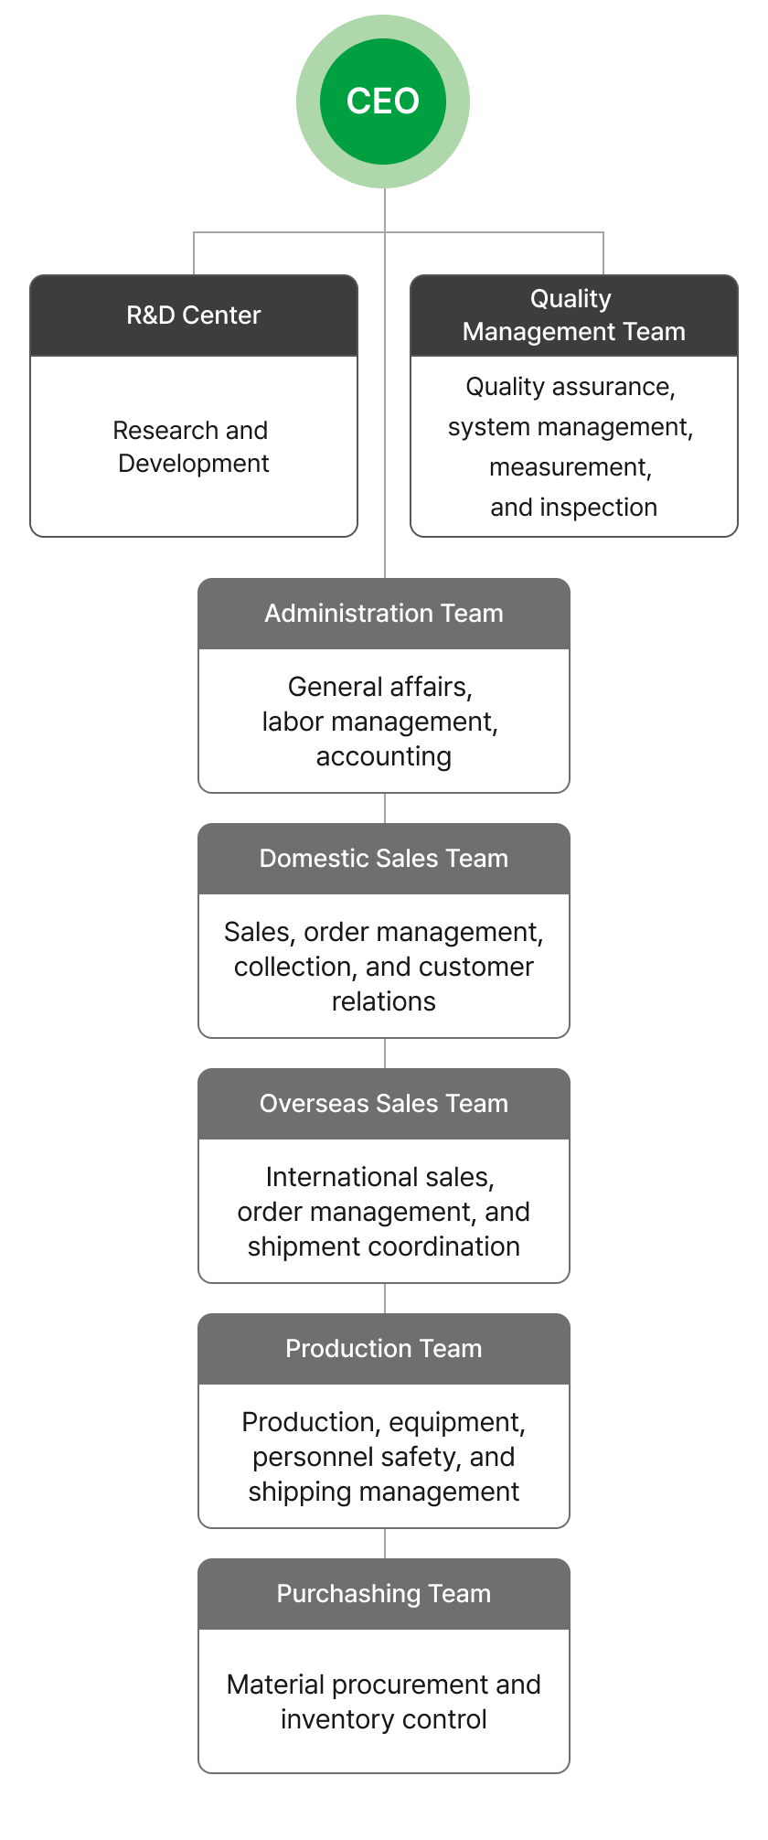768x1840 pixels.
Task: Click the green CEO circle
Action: (383, 102)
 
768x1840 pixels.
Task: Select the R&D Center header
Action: (194, 316)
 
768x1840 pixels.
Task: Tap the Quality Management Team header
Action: (574, 316)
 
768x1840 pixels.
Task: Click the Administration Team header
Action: (384, 614)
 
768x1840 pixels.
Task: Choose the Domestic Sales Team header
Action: (384, 859)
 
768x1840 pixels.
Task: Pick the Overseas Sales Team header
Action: (384, 1104)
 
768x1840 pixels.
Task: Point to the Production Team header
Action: (384, 1349)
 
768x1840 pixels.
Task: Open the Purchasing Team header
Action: (384, 1594)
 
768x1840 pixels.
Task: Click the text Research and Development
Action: (192, 446)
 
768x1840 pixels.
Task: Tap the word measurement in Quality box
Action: (570, 467)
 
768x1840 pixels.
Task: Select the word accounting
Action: (384, 757)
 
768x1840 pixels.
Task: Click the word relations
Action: (384, 1001)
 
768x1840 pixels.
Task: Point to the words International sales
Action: (380, 1177)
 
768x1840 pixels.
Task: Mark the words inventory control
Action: (384, 1719)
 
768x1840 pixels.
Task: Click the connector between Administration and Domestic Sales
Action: (385, 808)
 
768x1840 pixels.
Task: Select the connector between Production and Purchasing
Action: (385, 1544)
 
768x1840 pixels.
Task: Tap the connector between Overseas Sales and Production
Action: (385, 1299)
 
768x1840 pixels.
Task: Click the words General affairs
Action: (380, 687)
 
